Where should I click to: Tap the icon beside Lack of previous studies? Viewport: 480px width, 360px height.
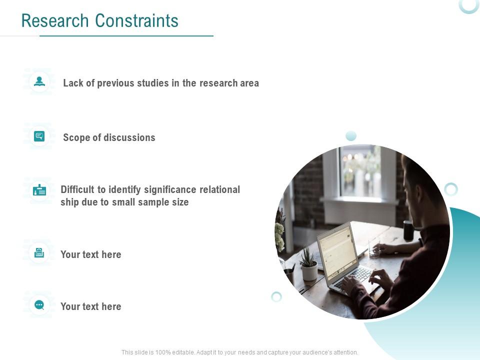point(39,81)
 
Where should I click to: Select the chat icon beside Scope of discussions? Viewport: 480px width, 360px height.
point(39,136)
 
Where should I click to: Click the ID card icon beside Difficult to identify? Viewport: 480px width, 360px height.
point(39,190)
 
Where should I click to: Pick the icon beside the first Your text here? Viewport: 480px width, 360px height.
point(39,253)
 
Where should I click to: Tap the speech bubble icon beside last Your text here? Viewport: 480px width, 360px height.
point(39,305)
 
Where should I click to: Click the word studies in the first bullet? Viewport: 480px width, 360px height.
point(152,83)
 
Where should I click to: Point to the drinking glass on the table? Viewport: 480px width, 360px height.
point(374,247)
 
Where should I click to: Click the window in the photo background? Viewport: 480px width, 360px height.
point(360,172)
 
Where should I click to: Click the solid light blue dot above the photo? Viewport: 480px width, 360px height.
point(351,135)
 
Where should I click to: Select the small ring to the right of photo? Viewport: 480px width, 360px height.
point(451,189)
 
